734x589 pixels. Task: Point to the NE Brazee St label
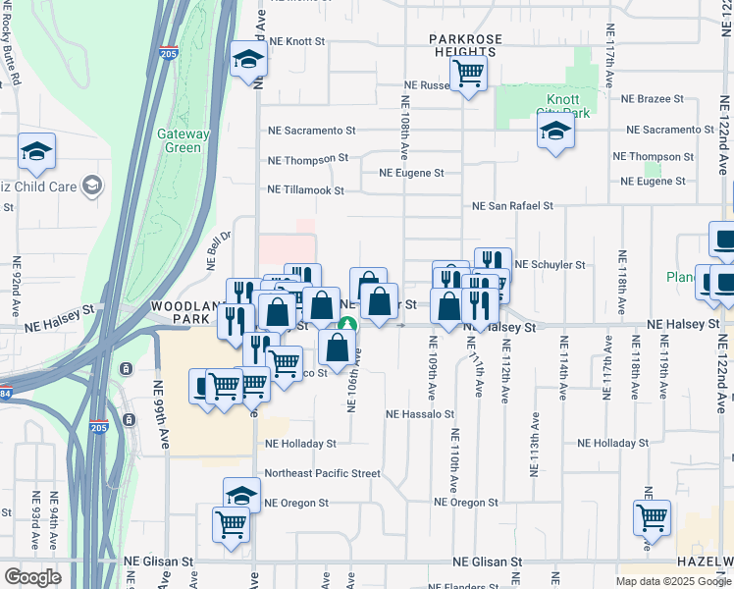pyautogui.click(x=653, y=99)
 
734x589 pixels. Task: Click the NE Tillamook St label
pyautogui.click(x=305, y=190)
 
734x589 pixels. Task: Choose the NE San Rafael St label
pyautogui.click(x=512, y=206)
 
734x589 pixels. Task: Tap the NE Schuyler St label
pyautogui.click(x=550, y=265)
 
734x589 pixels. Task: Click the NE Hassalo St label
pyautogui.click(x=420, y=415)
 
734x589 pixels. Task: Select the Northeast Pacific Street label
pyautogui.click(x=322, y=473)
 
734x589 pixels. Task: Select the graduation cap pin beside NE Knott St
pyautogui.click(x=248, y=60)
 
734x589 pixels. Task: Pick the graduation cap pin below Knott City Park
pyautogui.click(x=555, y=132)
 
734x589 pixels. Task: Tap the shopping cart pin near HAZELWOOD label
pyautogui.click(x=652, y=516)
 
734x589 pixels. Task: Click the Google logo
pyautogui.click(x=33, y=577)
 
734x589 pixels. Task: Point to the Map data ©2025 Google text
pyautogui.click(x=672, y=581)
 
